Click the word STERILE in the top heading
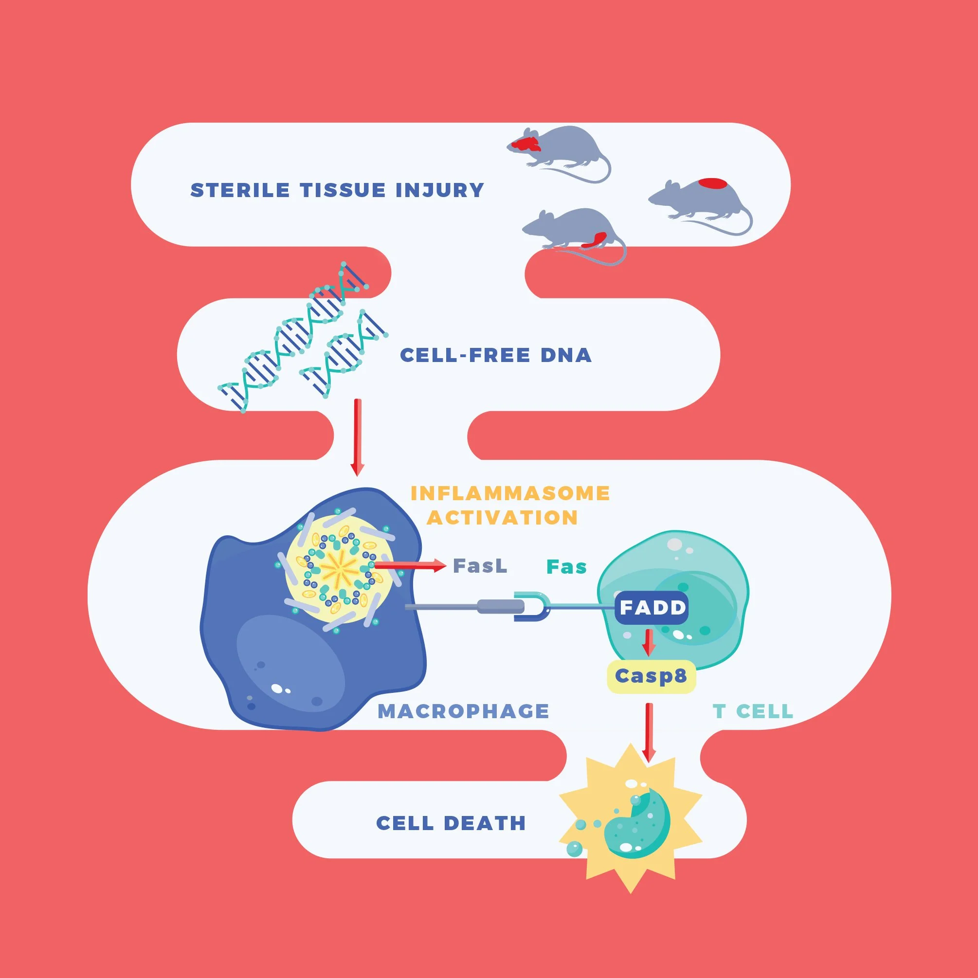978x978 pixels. point(240,190)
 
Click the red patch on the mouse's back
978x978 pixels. point(713,183)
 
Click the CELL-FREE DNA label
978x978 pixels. point(496,355)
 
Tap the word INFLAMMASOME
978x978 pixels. point(510,493)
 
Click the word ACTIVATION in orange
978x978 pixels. point(502,518)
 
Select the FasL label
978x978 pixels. point(480,566)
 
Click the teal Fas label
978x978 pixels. point(566,567)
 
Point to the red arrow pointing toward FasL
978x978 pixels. point(410,565)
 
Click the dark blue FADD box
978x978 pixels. point(652,607)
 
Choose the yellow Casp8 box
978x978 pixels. point(651,676)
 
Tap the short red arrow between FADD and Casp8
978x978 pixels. point(649,641)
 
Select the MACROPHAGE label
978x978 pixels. point(463,711)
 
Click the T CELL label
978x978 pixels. point(753,711)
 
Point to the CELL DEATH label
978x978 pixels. point(451,823)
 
